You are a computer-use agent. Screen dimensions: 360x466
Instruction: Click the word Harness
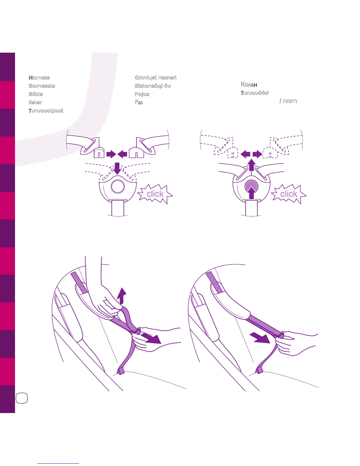click(x=39, y=78)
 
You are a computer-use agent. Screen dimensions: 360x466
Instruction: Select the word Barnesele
click(x=42, y=86)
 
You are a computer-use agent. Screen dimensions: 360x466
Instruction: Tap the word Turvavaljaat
click(x=46, y=111)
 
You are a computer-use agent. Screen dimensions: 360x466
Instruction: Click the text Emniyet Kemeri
click(x=156, y=78)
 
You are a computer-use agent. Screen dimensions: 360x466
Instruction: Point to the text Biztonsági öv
click(x=153, y=86)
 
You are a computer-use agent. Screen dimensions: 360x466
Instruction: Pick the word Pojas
click(x=142, y=94)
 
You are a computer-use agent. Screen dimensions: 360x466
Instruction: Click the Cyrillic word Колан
click(x=249, y=84)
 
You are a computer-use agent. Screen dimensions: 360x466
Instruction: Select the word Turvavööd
click(x=255, y=93)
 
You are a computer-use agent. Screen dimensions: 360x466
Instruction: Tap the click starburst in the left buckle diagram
click(x=155, y=194)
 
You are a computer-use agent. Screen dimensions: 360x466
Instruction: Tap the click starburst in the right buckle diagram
click(x=289, y=194)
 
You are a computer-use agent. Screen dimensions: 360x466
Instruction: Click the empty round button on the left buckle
click(x=118, y=186)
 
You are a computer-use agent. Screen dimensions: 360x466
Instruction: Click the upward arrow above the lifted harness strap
click(x=121, y=296)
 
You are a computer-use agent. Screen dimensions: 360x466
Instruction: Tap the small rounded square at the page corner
click(x=22, y=398)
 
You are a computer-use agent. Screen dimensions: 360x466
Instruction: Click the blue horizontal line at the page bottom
click(x=59, y=463)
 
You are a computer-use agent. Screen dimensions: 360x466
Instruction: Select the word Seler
click(x=35, y=102)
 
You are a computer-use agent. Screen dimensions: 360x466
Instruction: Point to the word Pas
click(x=139, y=102)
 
